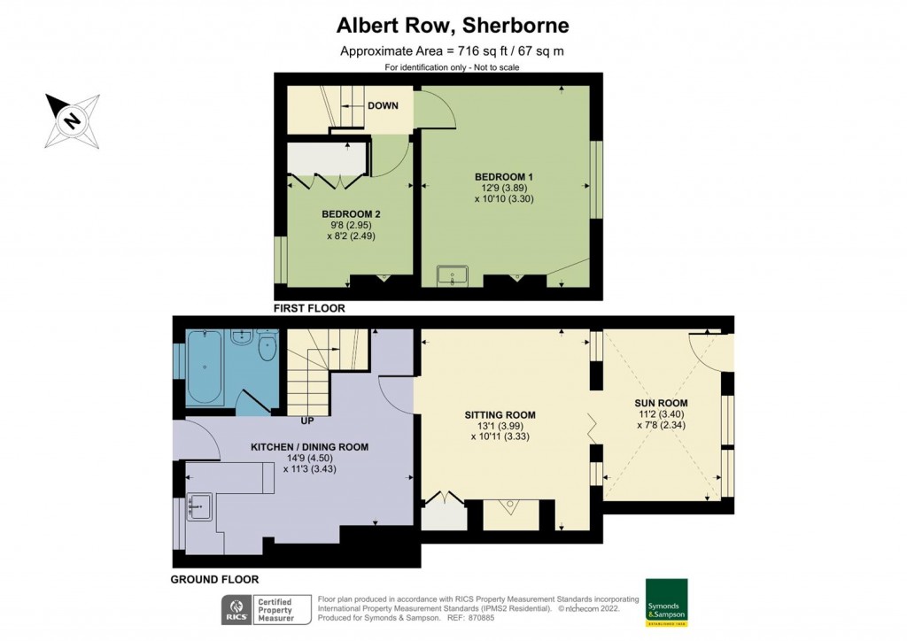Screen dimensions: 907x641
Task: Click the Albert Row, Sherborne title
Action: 453,26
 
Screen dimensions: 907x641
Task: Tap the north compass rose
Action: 73,120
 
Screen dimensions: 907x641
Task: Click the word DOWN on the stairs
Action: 383,105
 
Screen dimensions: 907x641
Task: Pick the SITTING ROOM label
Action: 500,415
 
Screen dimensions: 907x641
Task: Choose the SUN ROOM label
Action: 661,404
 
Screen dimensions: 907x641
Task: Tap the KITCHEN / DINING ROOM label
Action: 309,447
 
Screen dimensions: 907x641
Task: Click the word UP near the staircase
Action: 307,421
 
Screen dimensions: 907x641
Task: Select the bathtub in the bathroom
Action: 205,367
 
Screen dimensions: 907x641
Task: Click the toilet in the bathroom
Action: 267,345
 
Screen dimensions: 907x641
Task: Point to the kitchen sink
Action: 199,506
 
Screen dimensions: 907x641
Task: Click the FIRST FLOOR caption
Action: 309,309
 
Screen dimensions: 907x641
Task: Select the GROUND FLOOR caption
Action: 214,580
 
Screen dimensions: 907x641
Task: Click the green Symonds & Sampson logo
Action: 666,602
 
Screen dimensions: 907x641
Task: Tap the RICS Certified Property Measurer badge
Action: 266,610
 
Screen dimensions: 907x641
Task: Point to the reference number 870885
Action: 482,618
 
